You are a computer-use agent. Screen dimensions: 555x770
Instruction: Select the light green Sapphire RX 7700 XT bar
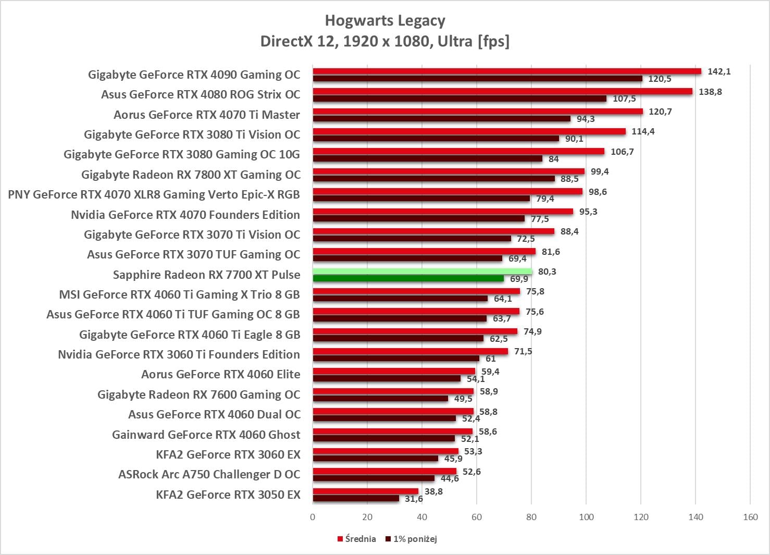422,272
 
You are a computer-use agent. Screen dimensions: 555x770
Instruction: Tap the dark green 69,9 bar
408,279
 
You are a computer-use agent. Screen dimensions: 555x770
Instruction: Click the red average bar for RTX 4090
506,71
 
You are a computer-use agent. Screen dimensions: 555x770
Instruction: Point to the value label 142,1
719,71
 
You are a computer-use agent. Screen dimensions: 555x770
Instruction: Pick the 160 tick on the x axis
750,517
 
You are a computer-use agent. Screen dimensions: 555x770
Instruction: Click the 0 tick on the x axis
313,517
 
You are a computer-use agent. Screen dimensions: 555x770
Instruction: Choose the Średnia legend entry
357,539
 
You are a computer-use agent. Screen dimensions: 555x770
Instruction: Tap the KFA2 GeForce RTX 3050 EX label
228,495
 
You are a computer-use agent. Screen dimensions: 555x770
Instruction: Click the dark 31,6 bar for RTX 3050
356,499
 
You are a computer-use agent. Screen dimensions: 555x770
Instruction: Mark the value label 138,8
710,92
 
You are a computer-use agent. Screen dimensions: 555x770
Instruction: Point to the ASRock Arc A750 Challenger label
209,475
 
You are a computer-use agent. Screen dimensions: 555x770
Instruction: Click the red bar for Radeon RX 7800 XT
448,171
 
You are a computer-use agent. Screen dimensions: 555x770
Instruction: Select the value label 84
553,159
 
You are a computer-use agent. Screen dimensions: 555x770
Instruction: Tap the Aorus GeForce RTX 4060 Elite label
220,375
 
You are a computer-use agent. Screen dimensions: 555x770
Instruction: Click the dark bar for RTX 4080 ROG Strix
459,98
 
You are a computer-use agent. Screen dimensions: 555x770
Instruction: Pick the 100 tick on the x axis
586,517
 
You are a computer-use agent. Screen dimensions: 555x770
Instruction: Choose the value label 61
490,359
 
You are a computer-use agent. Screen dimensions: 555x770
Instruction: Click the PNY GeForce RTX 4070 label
154,195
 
